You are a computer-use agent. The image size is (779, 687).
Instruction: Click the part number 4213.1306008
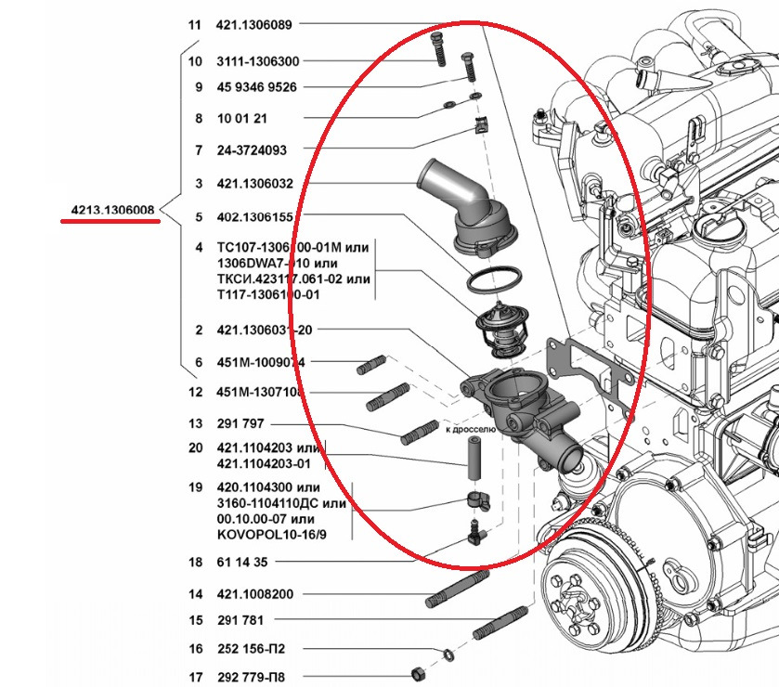pyautogui.click(x=114, y=210)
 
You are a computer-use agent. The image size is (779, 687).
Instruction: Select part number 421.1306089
pyautogui.click(x=254, y=26)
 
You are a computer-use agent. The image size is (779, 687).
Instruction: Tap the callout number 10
pyautogui.click(x=195, y=61)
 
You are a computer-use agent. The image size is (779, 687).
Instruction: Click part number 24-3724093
pyautogui.click(x=252, y=150)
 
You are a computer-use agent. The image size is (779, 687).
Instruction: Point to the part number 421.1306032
pyautogui.click(x=254, y=184)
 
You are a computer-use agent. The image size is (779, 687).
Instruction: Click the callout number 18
pyautogui.click(x=195, y=562)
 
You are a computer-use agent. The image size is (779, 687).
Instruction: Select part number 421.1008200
pyautogui.click(x=254, y=594)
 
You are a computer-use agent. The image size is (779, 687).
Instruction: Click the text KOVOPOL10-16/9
pyautogui.click(x=265, y=535)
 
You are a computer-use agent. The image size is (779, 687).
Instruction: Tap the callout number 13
pyautogui.click(x=195, y=424)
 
